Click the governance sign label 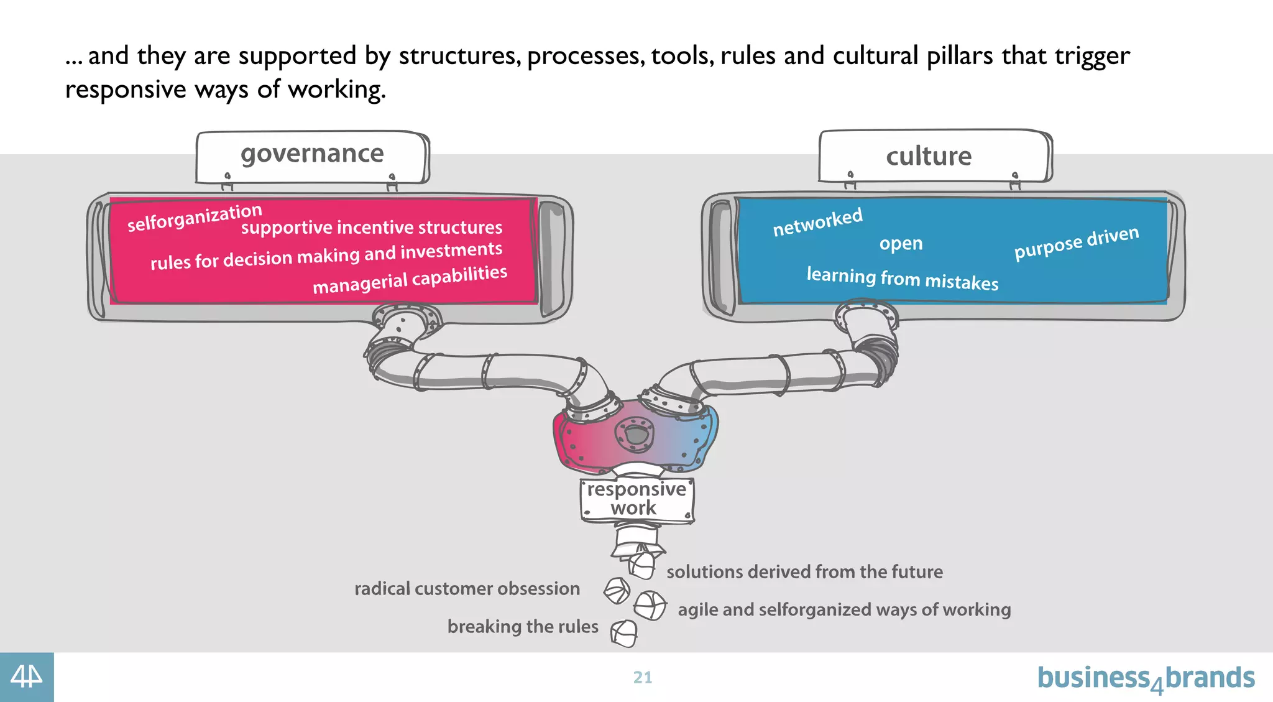(x=312, y=154)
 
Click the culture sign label (x=929, y=157)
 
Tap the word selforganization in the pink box (x=195, y=217)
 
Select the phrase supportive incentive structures (x=372, y=228)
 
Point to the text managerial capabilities (x=410, y=279)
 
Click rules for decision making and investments (x=326, y=256)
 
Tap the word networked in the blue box (x=817, y=222)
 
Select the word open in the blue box (x=901, y=243)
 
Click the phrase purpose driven (x=1077, y=242)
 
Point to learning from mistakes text (x=902, y=278)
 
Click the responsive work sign (x=636, y=499)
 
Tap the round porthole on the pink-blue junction (x=635, y=433)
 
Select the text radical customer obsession (x=467, y=588)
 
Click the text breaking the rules (x=523, y=626)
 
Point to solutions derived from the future (x=804, y=571)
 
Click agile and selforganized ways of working (x=844, y=609)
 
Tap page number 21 (x=643, y=677)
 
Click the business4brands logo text (x=1146, y=678)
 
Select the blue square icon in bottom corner (x=27, y=677)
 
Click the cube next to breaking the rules (x=624, y=633)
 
